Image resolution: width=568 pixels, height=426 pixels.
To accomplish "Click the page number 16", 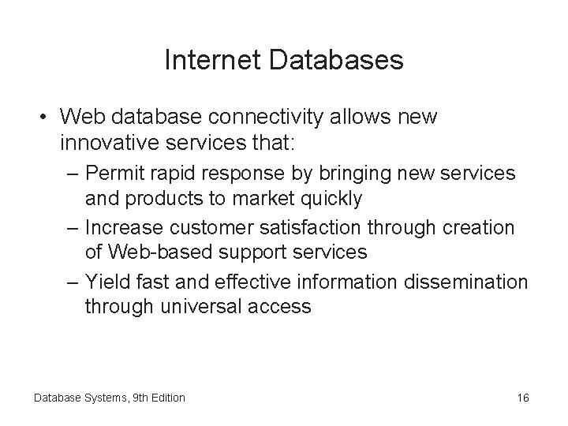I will point(524,398).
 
